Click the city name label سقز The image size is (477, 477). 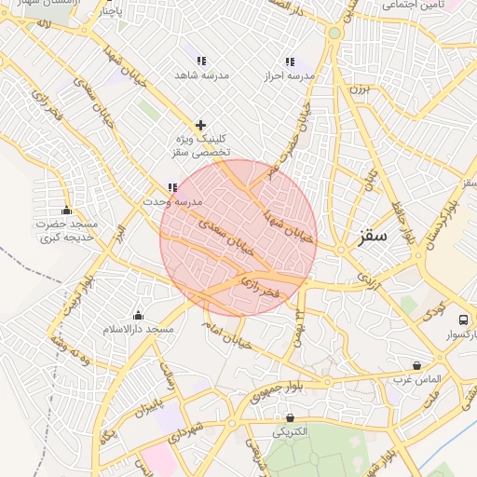pyautogui.click(x=372, y=237)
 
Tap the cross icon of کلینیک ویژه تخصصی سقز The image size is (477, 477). pyautogui.click(x=200, y=124)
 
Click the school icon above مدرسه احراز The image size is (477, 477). pyautogui.click(x=290, y=61)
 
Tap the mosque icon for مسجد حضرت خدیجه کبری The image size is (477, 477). pyautogui.click(x=66, y=210)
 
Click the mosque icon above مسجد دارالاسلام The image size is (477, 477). pyautogui.click(x=139, y=315)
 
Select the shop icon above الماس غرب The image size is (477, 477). pyautogui.click(x=416, y=365)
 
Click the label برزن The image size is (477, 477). pyautogui.click(x=361, y=89)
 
